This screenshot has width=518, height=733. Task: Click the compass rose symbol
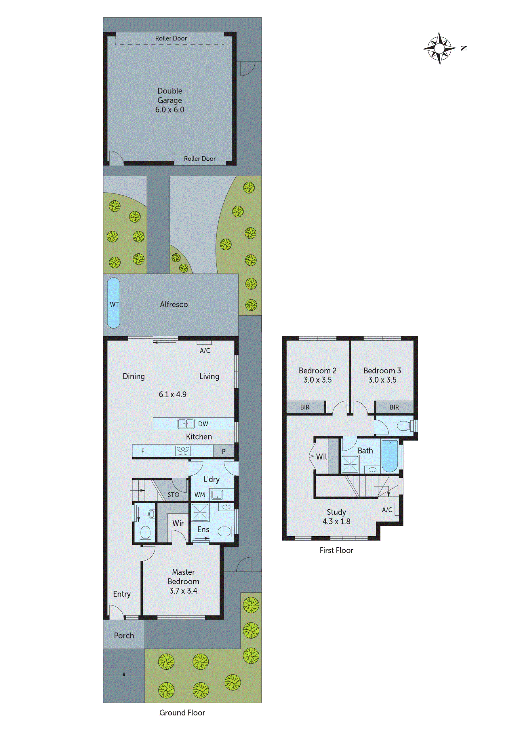[439, 49]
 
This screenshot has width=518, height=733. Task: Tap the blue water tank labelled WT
[113, 303]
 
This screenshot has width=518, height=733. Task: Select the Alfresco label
[174, 305]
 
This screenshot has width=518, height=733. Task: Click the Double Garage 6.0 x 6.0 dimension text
[170, 109]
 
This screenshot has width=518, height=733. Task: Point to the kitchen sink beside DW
[186, 424]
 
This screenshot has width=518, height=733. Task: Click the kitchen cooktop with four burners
[183, 451]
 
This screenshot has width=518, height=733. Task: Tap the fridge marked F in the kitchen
[143, 451]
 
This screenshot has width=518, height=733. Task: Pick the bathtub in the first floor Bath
[390, 456]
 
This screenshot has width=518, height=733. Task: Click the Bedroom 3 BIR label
[394, 407]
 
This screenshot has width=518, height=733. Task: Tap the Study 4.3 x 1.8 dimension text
[336, 521]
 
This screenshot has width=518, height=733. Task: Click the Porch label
[124, 636]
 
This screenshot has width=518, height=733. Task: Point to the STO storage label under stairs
[173, 495]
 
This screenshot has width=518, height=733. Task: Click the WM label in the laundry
[200, 495]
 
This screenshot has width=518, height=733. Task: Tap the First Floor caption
[336, 550]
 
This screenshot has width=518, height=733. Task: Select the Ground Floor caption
[182, 713]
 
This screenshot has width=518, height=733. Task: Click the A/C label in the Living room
[205, 351]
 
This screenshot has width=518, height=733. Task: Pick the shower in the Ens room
[200, 512]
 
